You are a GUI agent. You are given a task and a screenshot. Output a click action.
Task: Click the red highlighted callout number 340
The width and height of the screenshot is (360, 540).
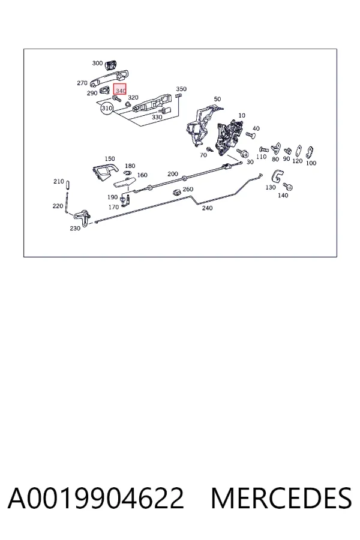click(120, 90)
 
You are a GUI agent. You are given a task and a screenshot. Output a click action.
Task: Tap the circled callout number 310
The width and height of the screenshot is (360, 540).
click(107, 108)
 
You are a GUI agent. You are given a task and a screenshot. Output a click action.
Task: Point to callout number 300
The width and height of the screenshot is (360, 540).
click(97, 63)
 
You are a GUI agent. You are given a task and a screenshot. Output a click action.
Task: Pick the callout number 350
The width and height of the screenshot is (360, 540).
click(181, 89)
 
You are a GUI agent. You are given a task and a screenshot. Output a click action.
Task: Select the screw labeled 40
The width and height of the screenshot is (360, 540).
click(250, 134)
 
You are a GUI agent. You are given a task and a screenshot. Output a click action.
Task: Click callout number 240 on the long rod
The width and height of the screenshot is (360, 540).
click(208, 208)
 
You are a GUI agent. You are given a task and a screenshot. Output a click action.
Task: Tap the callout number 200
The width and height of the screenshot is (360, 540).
click(173, 174)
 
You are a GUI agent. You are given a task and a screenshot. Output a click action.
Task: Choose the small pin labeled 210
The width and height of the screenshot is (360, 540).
click(68, 185)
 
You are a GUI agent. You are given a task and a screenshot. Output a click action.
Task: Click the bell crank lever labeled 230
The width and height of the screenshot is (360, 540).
click(82, 216)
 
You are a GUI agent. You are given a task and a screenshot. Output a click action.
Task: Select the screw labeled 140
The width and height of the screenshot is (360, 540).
click(287, 187)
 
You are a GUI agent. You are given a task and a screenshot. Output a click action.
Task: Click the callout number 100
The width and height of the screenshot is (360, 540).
click(311, 163)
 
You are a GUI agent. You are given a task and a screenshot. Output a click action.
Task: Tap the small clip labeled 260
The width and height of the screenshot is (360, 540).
click(177, 192)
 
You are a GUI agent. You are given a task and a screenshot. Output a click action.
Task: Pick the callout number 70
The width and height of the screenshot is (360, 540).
click(203, 155)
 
